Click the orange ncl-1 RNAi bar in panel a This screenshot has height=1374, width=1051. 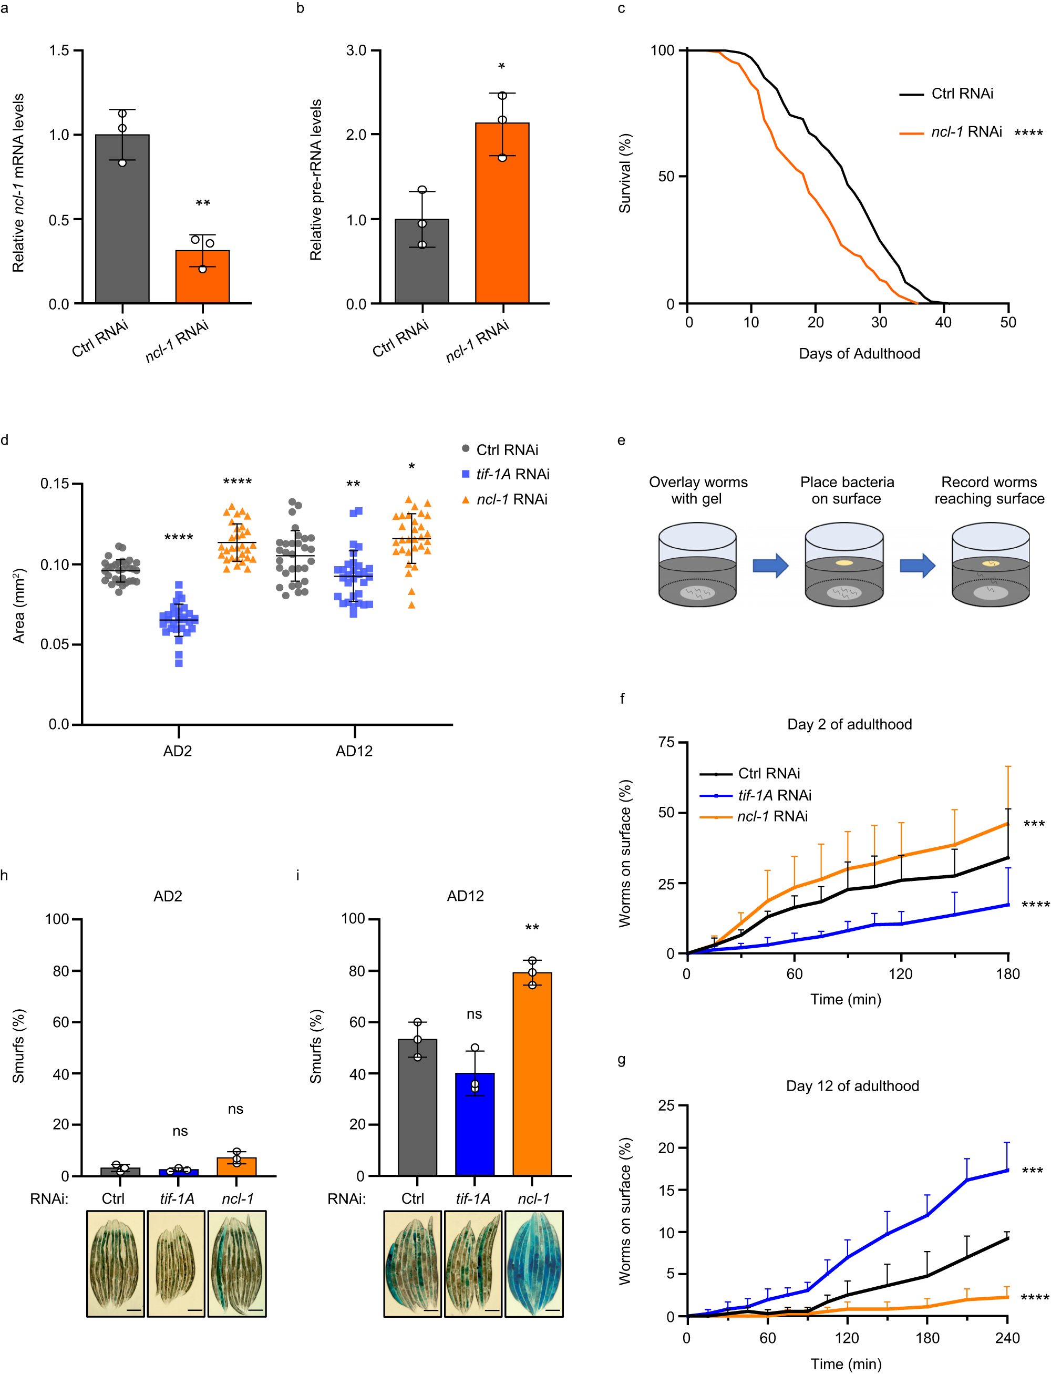click(202, 277)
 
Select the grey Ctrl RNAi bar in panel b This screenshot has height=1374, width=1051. click(421, 262)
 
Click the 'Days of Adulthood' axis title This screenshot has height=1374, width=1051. click(859, 354)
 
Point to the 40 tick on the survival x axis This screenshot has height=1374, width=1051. click(943, 322)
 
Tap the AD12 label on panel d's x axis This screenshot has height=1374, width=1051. click(354, 751)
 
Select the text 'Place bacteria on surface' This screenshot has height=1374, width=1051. click(847, 490)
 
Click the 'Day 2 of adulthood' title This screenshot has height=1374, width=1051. click(849, 724)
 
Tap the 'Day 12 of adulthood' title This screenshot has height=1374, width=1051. click(852, 1085)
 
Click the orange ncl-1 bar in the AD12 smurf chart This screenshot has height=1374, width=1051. click(532, 1074)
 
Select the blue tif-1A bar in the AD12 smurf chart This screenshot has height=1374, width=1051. click(475, 1124)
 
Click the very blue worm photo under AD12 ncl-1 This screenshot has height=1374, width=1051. click(533, 1264)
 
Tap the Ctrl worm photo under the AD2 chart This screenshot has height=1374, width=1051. click(115, 1264)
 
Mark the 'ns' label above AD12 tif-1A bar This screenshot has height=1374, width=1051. click(474, 1014)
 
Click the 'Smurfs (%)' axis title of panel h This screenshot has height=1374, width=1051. click(19, 1046)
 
